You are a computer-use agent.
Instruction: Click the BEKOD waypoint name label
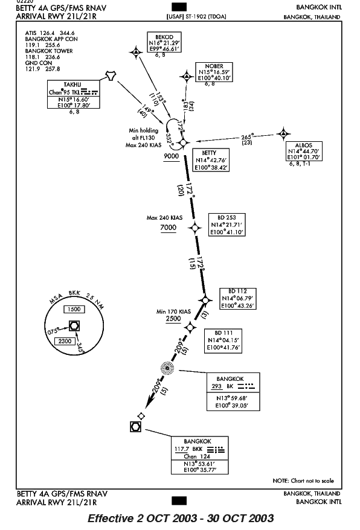(164, 37)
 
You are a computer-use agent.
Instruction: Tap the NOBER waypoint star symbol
(187, 77)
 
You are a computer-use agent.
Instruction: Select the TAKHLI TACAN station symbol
(111, 76)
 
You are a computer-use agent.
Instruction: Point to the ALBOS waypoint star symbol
(283, 134)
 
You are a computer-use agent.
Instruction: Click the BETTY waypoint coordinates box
(210, 160)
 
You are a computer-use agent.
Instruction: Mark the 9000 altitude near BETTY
(171, 156)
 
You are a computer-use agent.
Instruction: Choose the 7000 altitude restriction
(168, 228)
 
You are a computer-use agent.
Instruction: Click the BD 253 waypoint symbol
(195, 228)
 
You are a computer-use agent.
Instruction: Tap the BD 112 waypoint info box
(238, 298)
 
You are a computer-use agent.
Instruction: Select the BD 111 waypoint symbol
(190, 327)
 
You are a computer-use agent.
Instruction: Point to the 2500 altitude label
(173, 319)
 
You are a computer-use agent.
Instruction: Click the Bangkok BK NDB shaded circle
(167, 368)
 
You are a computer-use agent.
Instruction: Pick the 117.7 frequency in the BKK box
(181, 449)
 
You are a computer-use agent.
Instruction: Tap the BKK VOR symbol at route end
(136, 427)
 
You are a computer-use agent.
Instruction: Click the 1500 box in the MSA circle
(74, 309)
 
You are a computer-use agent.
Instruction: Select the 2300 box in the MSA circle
(65, 341)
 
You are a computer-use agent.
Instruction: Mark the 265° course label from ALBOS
(247, 137)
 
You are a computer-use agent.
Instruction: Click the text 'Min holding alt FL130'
(143, 134)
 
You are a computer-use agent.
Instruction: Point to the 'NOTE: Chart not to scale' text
(303, 481)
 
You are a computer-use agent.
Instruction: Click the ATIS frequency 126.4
(47, 33)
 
